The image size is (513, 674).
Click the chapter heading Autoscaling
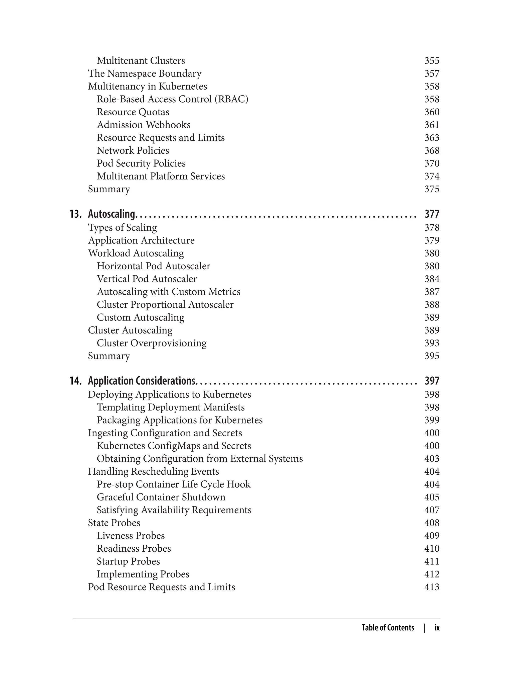111,214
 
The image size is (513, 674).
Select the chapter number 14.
75,381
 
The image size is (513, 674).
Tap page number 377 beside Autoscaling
432,214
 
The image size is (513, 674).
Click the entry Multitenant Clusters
141,61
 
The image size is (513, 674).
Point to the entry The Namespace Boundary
145,74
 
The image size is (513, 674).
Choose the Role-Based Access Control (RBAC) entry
172,99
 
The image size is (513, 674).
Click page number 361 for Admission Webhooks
432,125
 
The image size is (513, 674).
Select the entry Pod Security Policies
141,163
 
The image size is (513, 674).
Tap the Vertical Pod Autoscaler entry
147,279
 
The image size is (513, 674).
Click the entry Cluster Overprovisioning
152,343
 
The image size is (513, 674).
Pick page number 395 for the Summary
432,356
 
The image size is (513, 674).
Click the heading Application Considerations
141,381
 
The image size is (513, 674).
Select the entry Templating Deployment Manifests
171,407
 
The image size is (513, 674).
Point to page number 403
432,459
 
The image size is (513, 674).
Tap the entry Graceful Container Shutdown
161,497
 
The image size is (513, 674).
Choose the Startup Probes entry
128,561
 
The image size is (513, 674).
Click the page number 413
432,587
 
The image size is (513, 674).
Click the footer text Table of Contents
388,628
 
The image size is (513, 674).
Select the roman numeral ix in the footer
437,628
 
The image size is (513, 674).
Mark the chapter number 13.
75,214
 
